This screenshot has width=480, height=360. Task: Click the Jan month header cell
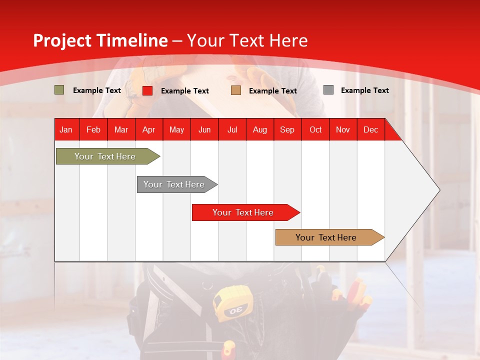click(66, 129)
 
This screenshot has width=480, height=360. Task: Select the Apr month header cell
click(149, 129)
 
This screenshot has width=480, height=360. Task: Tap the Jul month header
click(232, 129)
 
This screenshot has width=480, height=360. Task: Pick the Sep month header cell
click(287, 129)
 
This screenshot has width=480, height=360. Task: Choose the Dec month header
click(370, 129)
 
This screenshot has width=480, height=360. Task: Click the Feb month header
click(93, 129)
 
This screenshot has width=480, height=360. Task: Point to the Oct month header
click(315, 129)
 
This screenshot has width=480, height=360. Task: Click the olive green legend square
click(59, 90)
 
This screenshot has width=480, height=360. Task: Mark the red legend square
click(147, 90)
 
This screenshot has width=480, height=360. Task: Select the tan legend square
click(236, 90)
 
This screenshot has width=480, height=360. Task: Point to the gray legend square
click(328, 90)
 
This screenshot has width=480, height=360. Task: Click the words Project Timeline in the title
click(100, 40)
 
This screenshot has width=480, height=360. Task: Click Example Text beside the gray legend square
click(364, 90)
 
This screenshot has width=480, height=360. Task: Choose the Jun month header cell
click(204, 129)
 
